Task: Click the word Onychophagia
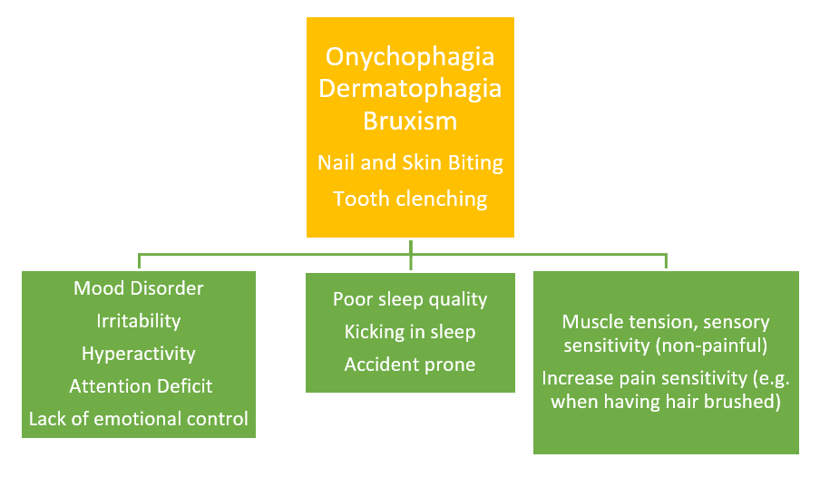pyautogui.click(x=410, y=57)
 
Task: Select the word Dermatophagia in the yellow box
pyautogui.click(x=410, y=89)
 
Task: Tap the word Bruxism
pyautogui.click(x=410, y=121)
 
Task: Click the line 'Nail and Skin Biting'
pyautogui.click(x=410, y=163)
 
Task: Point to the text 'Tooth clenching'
pyautogui.click(x=410, y=200)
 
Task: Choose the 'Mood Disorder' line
pyautogui.click(x=139, y=288)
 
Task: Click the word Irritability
pyautogui.click(x=139, y=321)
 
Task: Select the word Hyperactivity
pyautogui.click(x=139, y=354)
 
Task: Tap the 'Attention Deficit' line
pyautogui.click(x=141, y=386)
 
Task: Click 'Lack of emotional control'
pyautogui.click(x=139, y=419)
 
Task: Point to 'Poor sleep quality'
pyautogui.click(x=410, y=299)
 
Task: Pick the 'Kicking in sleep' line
pyautogui.click(x=410, y=332)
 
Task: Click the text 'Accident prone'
pyautogui.click(x=410, y=365)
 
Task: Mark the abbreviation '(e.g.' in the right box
pyautogui.click(x=771, y=379)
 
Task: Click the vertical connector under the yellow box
pyautogui.click(x=411, y=255)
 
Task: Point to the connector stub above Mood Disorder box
pyautogui.click(x=139, y=261)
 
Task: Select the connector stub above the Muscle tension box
pyautogui.click(x=666, y=261)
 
